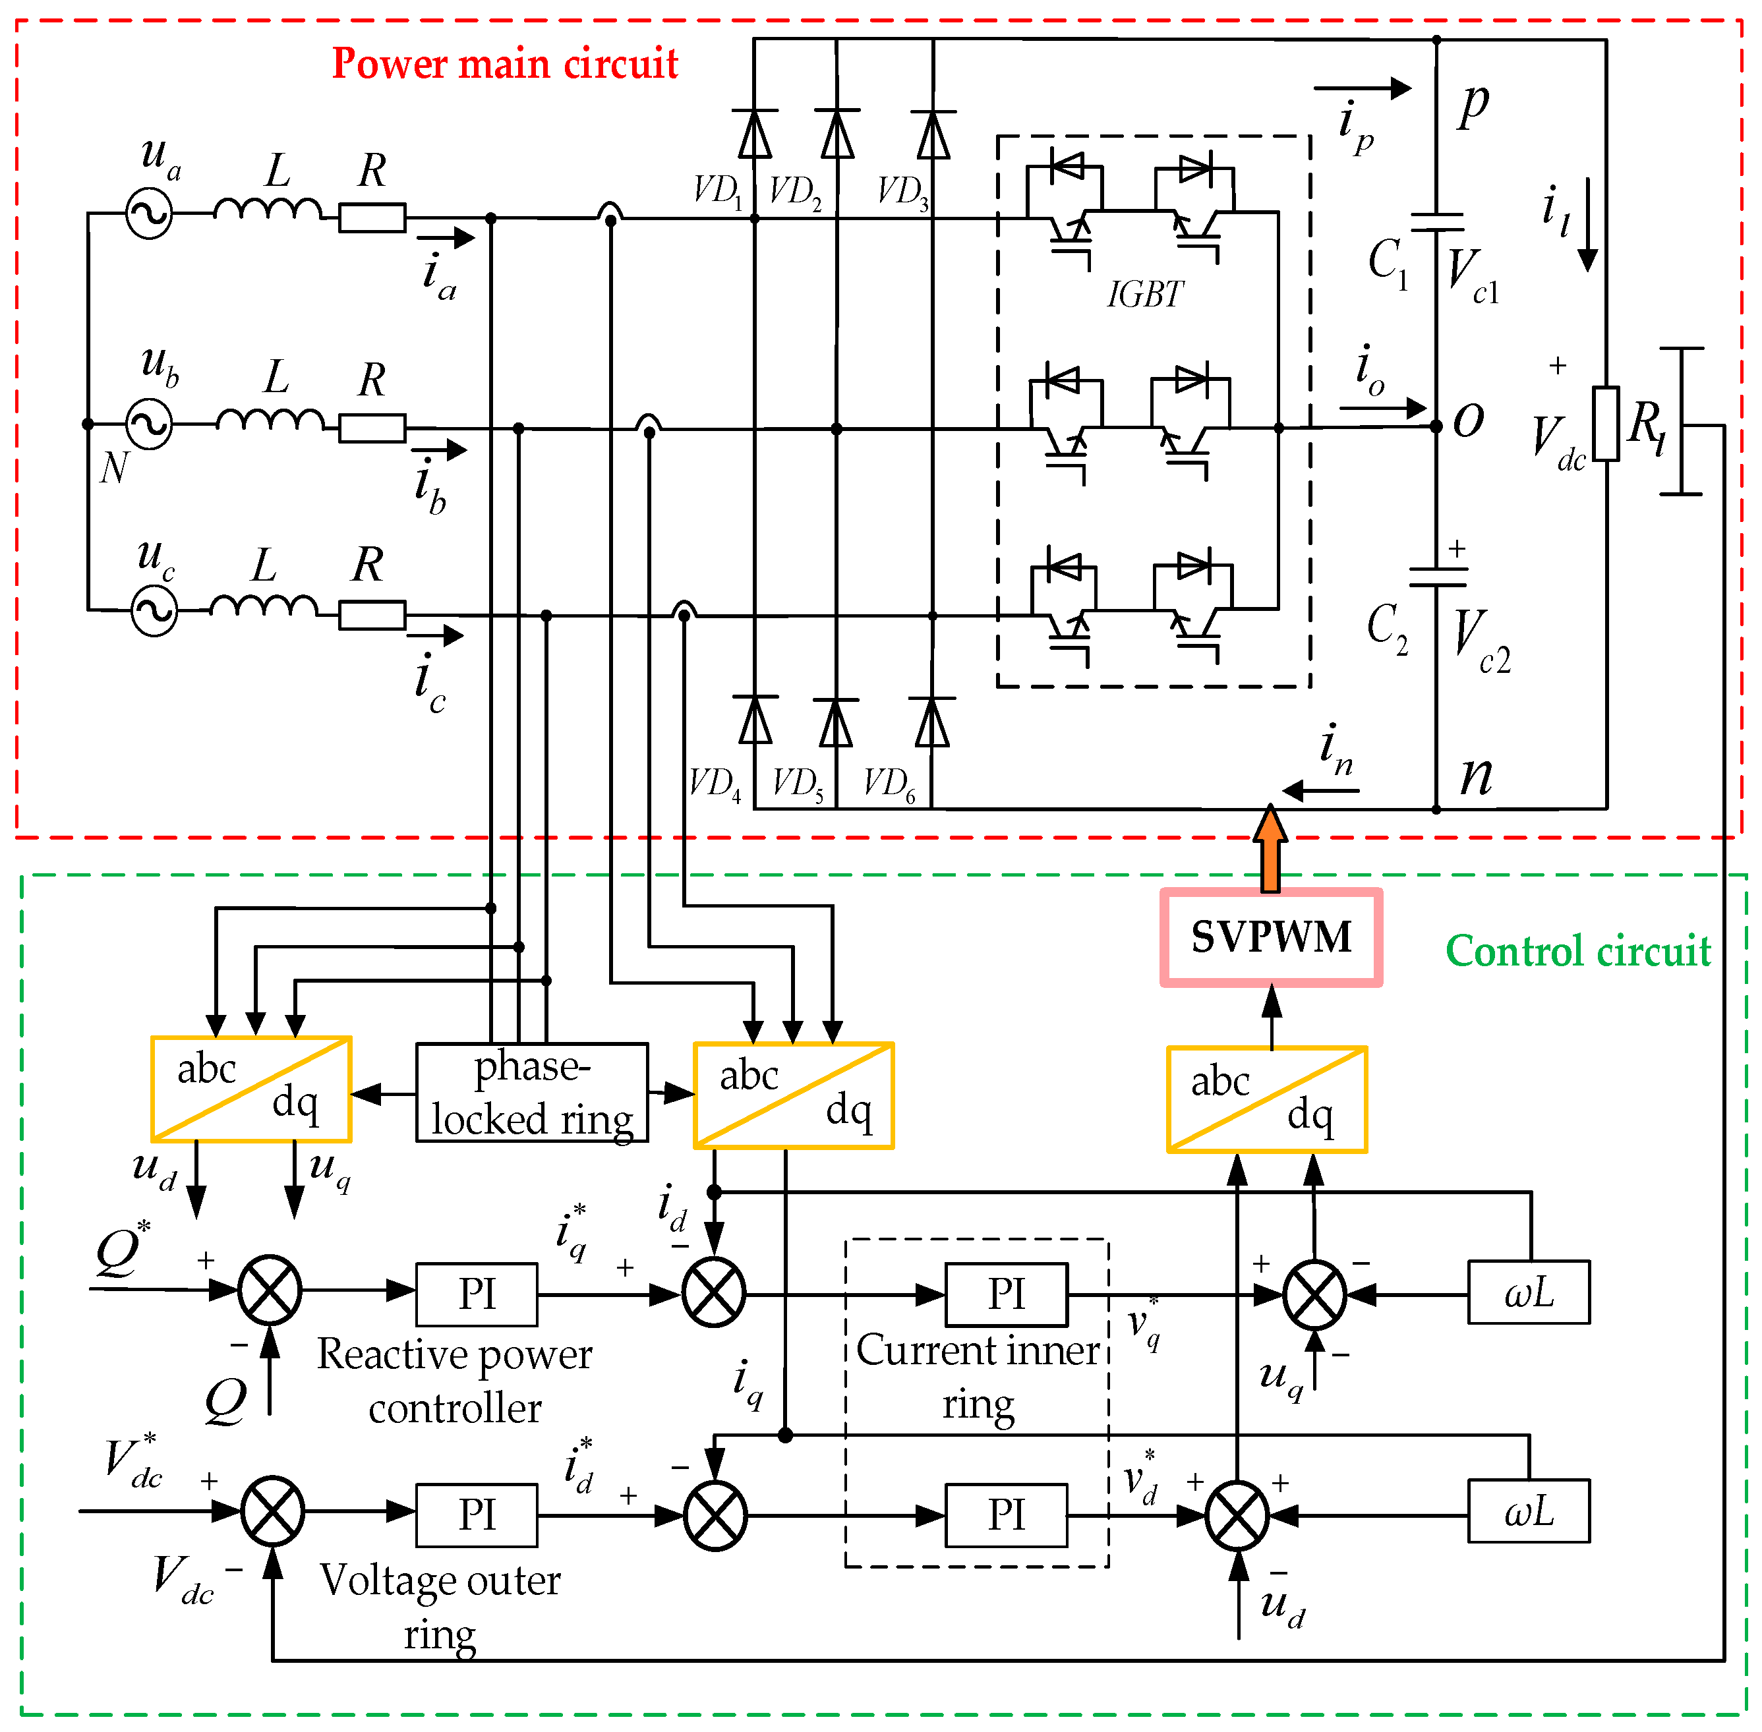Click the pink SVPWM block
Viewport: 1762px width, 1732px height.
pyautogui.click(x=1271, y=937)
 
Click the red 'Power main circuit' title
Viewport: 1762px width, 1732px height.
pyautogui.click(x=505, y=64)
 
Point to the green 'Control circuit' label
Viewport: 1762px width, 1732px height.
pyautogui.click(x=1577, y=950)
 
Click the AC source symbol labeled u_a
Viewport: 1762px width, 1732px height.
pyautogui.click(x=149, y=214)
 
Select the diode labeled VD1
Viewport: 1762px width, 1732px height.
pyautogui.click(x=754, y=134)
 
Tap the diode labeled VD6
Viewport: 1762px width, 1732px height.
pyautogui.click(x=931, y=723)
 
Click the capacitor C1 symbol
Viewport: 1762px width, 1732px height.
pyautogui.click(x=1436, y=223)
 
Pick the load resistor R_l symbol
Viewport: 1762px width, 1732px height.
pyautogui.click(x=1606, y=424)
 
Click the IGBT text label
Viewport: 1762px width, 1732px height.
pyautogui.click(x=1144, y=295)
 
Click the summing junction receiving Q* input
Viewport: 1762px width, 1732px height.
pyautogui.click(x=270, y=1290)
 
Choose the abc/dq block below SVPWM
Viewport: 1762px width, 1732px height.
pyautogui.click(x=1266, y=1100)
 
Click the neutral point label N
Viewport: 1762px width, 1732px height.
pyautogui.click(x=113, y=467)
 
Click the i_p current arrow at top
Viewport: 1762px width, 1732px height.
pyautogui.click(x=1362, y=88)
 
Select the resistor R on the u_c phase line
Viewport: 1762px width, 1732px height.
pyautogui.click(x=372, y=615)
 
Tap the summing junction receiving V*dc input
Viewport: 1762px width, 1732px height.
pyautogui.click(x=272, y=1511)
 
